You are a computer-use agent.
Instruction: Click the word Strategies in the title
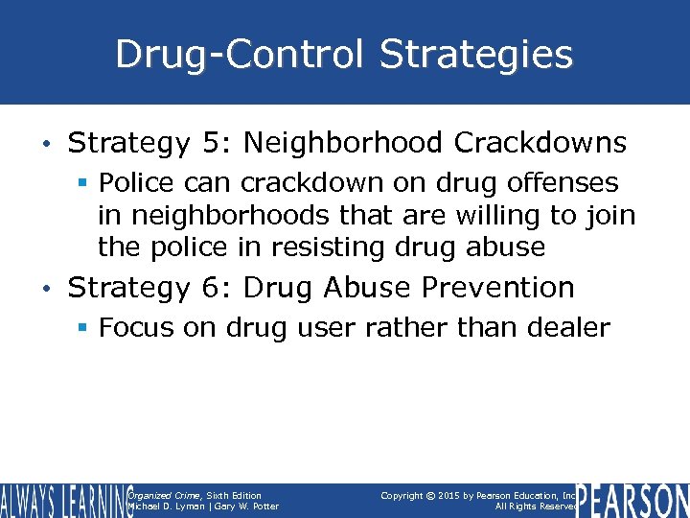(476, 55)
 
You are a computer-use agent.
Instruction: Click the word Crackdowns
(540, 144)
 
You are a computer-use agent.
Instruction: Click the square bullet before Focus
(83, 328)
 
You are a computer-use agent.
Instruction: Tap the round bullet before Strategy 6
(48, 288)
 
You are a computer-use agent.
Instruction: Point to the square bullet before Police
(83, 182)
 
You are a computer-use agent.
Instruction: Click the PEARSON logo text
(634, 501)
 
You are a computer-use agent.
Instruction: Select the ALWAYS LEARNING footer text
(65, 501)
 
